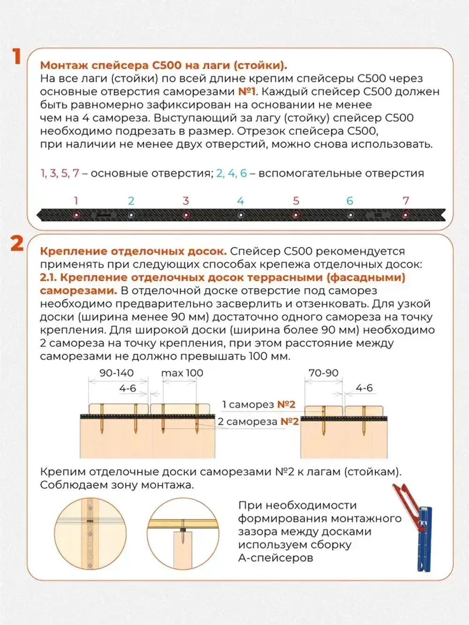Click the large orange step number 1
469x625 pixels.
(x=17, y=56)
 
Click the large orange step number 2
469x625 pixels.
(x=17, y=243)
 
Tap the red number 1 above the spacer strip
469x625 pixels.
(x=76, y=201)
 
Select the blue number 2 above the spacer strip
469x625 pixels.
(x=131, y=201)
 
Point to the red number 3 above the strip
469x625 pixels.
(x=186, y=201)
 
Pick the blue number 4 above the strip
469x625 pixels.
(x=241, y=201)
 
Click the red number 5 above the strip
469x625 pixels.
(x=296, y=201)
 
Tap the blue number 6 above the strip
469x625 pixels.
(x=350, y=201)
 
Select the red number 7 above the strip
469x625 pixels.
(x=406, y=201)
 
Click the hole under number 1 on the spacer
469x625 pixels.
(x=76, y=215)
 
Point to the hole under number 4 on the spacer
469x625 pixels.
(x=241, y=215)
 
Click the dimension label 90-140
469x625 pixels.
(x=116, y=373)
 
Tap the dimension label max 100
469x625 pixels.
(x=182, y=373)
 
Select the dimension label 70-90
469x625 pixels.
(x=323, y=373)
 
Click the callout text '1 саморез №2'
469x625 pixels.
(x=258, y=404)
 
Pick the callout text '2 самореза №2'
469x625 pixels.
(x=258, y=422)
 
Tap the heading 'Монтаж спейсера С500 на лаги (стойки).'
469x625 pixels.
(x=163, y=65)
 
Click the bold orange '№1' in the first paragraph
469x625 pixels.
(x=246, y=91)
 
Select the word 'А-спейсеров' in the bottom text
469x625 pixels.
(x=275, y=558)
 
